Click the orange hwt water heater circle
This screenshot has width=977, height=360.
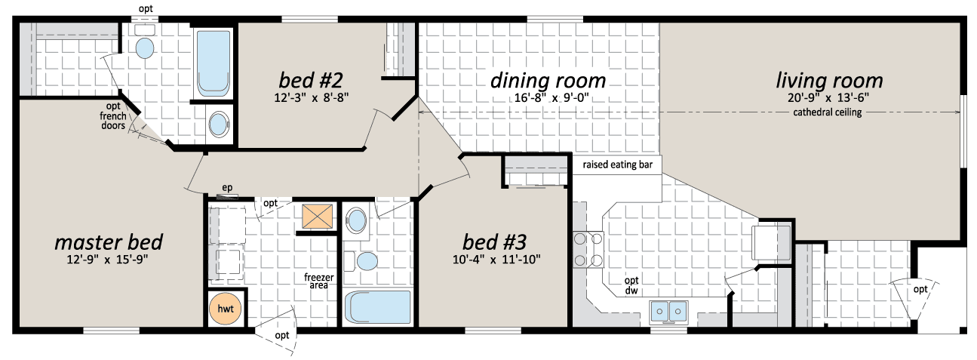(x=225, y=309)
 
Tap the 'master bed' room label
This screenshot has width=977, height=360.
(x=109, y=242)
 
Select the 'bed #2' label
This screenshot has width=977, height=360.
(x=311, y=80)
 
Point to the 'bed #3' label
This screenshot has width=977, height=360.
(x=495, y=242)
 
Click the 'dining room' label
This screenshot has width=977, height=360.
(x=548, y=81)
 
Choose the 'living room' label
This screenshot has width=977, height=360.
(x=829, y=81)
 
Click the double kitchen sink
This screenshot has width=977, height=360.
(x=668, y=311)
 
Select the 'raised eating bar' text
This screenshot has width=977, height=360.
(x=618, y=165)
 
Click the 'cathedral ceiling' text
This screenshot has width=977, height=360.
(x=828, y=112)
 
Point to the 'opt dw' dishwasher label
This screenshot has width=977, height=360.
(x=631, y=285)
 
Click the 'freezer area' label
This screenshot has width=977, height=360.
(x=319, y=281)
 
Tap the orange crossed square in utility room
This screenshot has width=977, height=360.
(x=318, y=217)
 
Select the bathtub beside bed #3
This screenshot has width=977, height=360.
(x=378, y=307)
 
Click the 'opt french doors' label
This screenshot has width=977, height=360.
(x=113, y=116)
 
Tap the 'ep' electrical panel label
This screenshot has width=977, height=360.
(x=227, y=188)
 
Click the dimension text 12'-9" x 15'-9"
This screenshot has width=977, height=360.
(x=107, y=260)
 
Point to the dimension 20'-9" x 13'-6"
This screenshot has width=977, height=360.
(x=828, y=97)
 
